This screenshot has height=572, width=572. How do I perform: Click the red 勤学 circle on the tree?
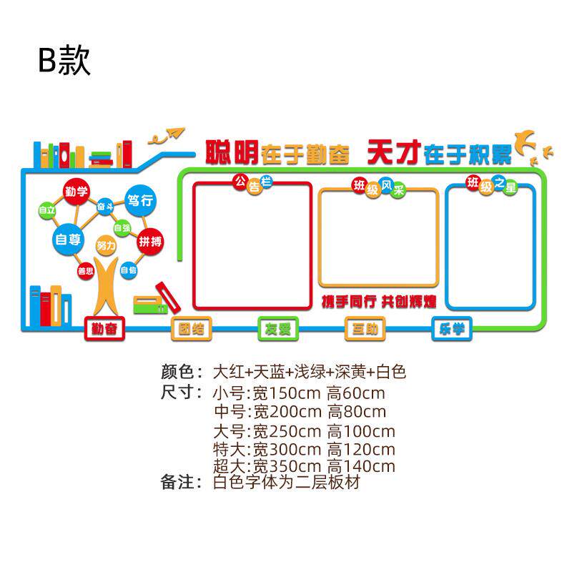[76, 191]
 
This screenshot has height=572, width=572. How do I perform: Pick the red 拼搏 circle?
[151, 241]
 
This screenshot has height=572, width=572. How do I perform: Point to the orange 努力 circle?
[106, 246]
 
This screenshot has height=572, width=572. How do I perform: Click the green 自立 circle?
[47, 211]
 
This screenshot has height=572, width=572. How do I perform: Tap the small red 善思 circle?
[85, 271]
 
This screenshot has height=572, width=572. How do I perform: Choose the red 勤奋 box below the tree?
[104, 329]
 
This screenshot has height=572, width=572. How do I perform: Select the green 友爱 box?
[278, 329]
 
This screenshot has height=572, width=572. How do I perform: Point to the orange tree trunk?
[106, 290]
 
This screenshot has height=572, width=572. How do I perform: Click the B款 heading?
[64, 61]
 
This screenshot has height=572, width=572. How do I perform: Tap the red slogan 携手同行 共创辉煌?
[378, 301]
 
